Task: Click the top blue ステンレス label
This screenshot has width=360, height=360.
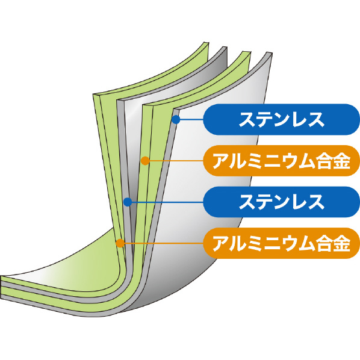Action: click(x=282, y=119)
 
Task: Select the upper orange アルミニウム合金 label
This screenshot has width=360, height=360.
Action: click(x=282, y=161)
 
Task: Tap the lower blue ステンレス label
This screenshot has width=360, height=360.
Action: click(x=282, y=202)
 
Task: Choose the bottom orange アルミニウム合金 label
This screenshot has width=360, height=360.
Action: click(x=282, y=243)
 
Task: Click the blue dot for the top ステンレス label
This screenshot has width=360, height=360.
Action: click(x=176, y=119)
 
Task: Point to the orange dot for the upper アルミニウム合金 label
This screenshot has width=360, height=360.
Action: click(x=145, y=161)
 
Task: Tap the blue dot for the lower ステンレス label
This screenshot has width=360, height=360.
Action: click(x=128, y=202)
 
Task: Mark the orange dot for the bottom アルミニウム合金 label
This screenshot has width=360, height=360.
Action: click(x=120, y=243)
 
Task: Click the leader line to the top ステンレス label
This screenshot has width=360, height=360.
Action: click(x=191, y=119)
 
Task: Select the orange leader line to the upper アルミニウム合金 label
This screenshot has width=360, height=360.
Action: click(x=176, y=161)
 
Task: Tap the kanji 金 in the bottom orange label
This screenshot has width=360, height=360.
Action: click(x=342, y=244)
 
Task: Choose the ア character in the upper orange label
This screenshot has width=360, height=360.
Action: click(x=221, y=161)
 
